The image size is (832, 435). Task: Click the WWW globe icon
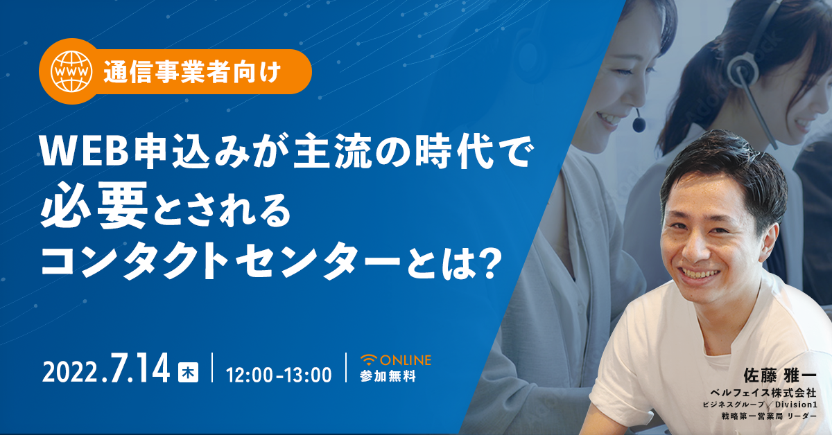71,71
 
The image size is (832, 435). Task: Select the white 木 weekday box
188,372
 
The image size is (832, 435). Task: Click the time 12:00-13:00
279,375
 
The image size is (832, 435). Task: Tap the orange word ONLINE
406,360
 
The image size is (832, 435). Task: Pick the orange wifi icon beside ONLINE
369,360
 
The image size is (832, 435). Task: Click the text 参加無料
388,376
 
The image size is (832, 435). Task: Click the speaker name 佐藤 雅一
779,375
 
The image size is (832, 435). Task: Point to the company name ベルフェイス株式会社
763,392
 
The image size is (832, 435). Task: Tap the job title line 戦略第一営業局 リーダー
769,416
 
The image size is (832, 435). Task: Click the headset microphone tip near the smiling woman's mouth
639,125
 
